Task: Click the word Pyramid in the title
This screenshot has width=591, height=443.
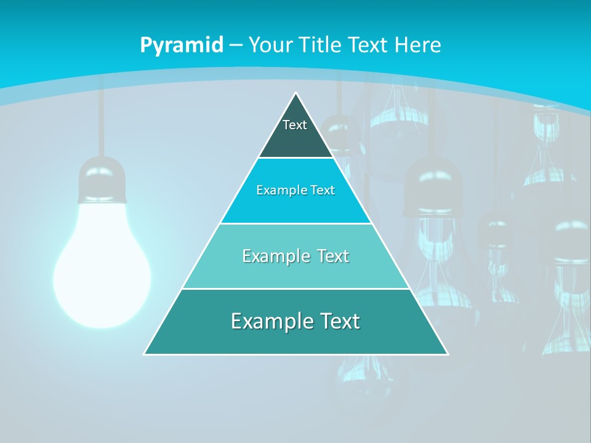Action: (181, 46)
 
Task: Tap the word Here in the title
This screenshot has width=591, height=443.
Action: (418, 45)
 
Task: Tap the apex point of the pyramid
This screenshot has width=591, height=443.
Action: (296, 94)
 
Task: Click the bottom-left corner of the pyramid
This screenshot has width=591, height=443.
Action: (145, 354)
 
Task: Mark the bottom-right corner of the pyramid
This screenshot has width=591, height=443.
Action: (448, 354)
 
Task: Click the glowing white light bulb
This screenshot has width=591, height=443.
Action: (102, 271)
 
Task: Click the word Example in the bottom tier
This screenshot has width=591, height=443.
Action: (271, 321)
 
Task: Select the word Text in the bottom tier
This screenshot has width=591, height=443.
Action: (338, 321)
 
